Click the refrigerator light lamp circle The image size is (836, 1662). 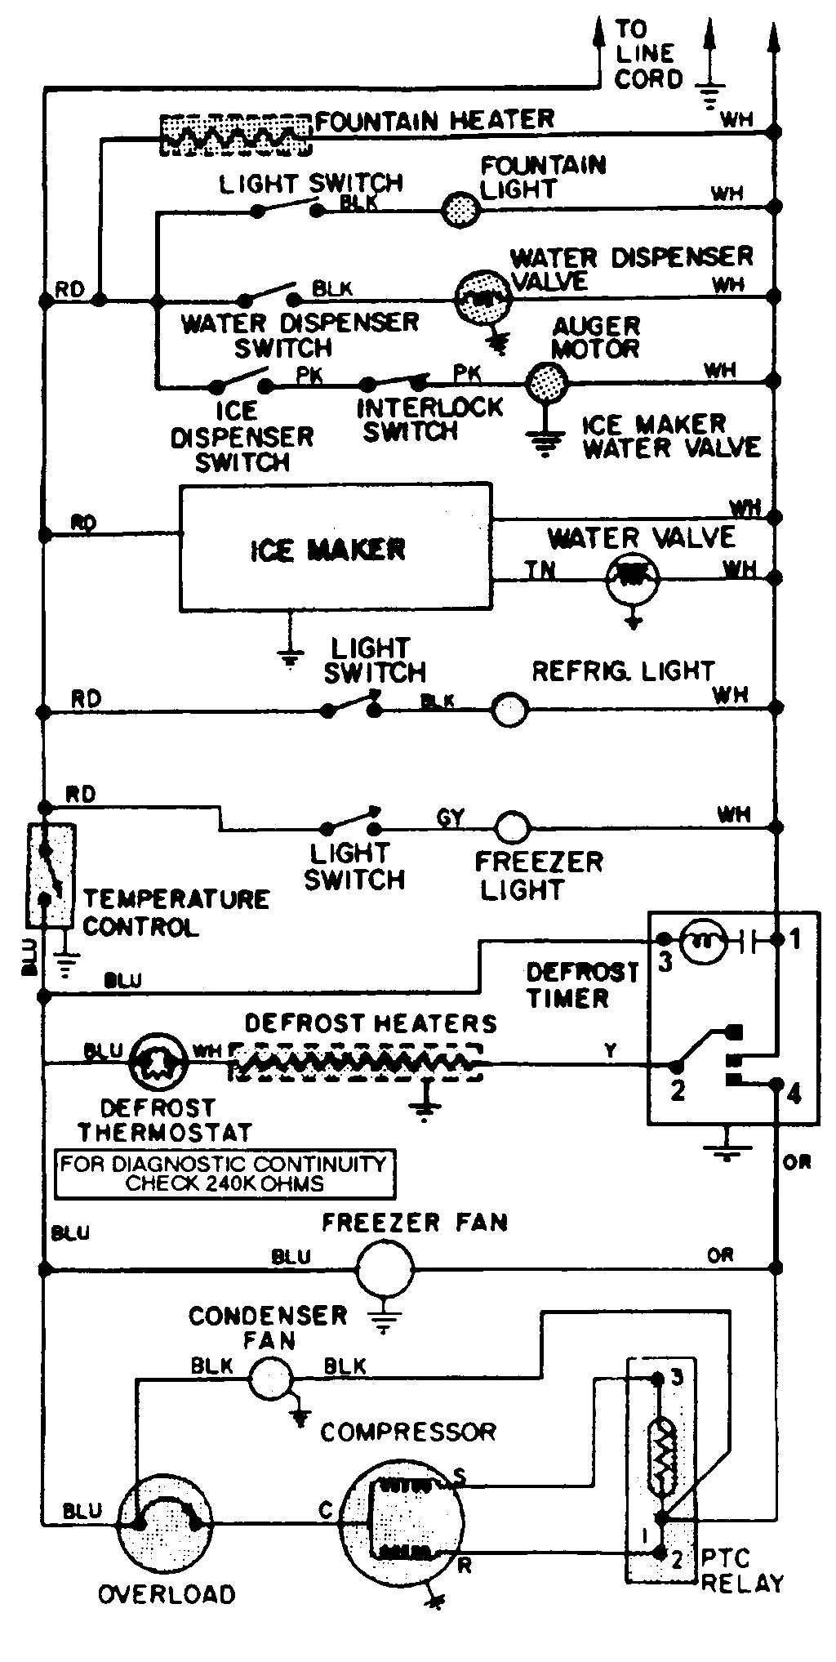click(509, 711)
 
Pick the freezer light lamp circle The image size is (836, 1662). click(512, 828)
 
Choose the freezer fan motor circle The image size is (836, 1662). click(385, 1269)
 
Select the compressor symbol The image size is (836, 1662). click(400, 1521)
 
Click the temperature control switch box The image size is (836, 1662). click(51, 876)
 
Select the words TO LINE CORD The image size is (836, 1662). click(648, 54)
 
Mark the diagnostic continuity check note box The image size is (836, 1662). click(225, 1174)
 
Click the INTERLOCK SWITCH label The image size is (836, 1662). click(430, 419)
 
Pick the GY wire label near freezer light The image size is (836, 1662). click(450, 818)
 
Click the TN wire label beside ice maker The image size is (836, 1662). click(540, 569)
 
